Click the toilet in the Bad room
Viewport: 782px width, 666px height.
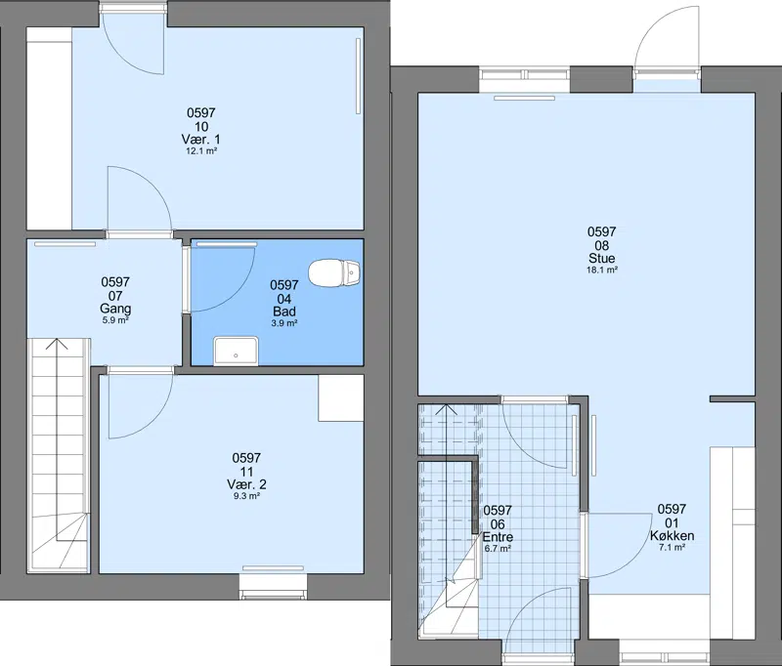(334, 273)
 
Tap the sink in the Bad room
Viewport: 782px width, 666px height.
(236, 351)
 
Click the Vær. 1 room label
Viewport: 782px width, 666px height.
(201, 139)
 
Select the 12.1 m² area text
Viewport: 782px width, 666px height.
(201, 151)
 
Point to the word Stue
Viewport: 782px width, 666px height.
(602, 258)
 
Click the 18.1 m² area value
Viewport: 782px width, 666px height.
(602, 270)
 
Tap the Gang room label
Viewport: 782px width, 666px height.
(115, 309)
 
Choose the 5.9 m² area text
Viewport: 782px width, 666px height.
(115, 320)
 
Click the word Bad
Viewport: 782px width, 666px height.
(284, 312)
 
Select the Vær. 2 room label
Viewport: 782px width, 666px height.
(246, 484)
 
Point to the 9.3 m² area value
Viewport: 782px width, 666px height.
(246, 496)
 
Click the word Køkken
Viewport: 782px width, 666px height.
(672, 535)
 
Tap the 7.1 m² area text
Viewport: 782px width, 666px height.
(672, 548)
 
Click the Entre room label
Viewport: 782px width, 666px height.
(498, 537)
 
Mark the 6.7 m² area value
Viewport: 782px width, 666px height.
(498, 549)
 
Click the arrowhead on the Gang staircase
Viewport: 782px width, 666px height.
(57, 343)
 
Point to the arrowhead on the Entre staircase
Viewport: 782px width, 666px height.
(447, 409)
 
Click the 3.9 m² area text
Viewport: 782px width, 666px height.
(284, 323)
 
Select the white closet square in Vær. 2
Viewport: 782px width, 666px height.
(341, 398)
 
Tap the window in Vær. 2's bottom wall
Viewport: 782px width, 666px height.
(273, 586)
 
